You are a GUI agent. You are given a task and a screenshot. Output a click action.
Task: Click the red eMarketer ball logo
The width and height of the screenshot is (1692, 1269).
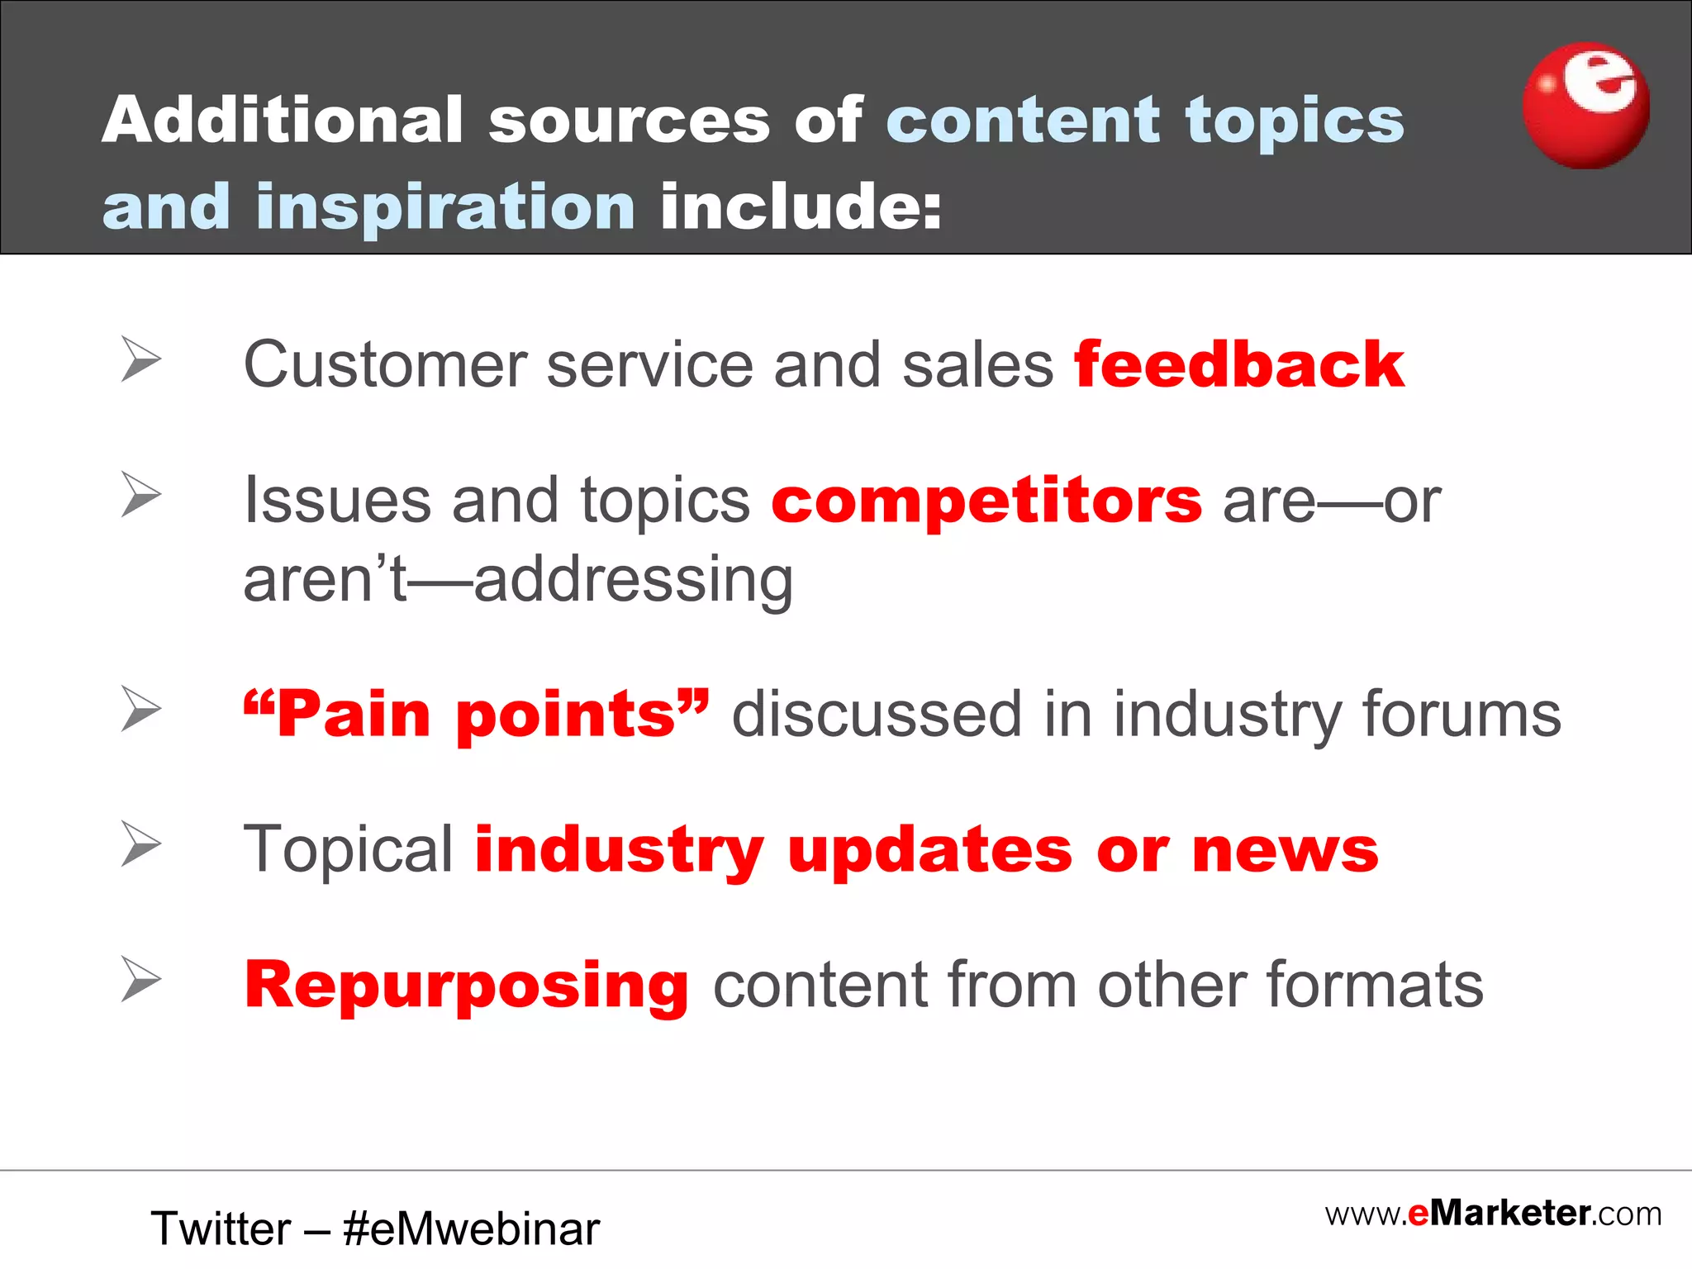click(1585, 106)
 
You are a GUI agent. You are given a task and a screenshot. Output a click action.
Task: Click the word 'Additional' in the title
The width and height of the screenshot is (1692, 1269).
click(282, 120)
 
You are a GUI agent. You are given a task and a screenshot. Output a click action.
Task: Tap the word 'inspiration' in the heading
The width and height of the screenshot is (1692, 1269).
click(446, 207)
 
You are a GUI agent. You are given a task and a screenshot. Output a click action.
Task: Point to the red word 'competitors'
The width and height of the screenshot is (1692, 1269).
click(986, 501)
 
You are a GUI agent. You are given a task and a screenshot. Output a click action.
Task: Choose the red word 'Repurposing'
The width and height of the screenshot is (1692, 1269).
click(467, 985)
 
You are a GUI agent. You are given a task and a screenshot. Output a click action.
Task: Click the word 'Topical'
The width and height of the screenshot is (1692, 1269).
click(348, 849)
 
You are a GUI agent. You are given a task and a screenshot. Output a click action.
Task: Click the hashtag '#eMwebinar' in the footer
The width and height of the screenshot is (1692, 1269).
click(471, 1229)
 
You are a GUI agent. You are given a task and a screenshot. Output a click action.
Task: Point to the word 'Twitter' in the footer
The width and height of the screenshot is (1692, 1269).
click(221, 1229)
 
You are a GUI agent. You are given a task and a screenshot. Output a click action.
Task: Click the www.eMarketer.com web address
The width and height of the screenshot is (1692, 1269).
click(1493, 1214)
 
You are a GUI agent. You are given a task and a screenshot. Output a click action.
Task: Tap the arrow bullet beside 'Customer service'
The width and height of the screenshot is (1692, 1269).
click(140, 359)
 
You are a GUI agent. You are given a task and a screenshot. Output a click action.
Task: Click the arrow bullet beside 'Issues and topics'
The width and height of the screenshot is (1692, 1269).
click(140, 494)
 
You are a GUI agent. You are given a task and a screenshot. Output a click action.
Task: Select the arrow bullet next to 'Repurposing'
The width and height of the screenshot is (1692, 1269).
click(140, 979)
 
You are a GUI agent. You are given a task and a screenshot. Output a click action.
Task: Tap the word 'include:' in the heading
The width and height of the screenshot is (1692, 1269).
click(801, 207)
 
